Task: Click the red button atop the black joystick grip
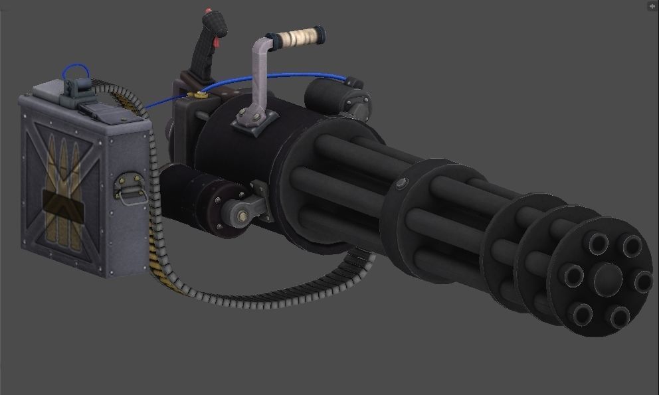[210, 12]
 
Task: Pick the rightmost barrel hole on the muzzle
[642, 281]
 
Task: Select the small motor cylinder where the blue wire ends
[332, 92]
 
